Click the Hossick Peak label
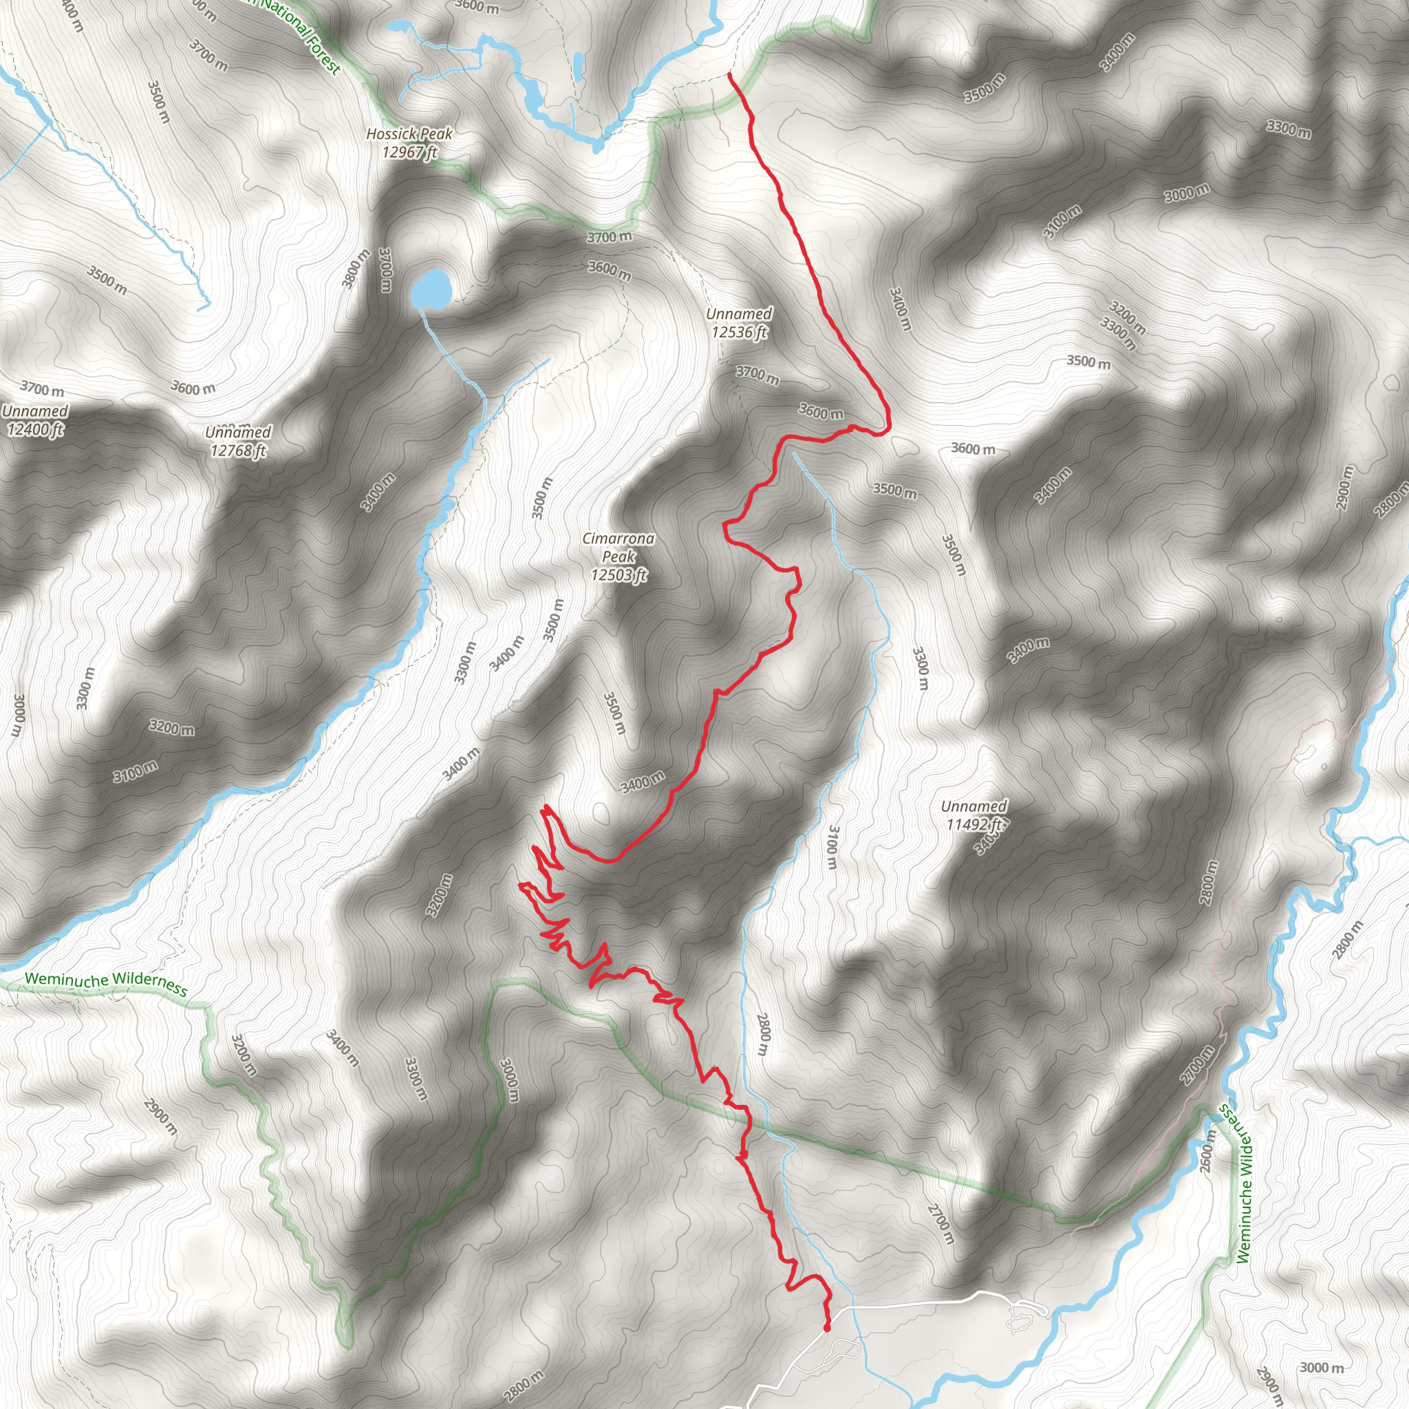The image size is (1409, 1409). (x=409, y=143)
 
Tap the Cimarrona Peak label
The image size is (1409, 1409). (x=619, y=557)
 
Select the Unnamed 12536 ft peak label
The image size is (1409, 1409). (x=739, y=323)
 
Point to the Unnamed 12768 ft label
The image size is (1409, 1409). (x=239, y=441)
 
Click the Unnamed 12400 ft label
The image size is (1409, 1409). (x=34, y=420)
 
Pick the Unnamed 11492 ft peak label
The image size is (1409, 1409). (x=974, y=815)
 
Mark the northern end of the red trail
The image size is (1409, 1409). (x=730, y=74)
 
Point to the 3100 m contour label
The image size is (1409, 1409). (x=831, y=847)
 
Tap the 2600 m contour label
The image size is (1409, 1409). (x=1207, y=1152)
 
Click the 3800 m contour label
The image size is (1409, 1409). (x=356, y=268)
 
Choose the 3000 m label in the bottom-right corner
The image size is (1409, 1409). (x=1321, y=1368)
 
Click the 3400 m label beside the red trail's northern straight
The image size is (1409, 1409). (x=901, y=308)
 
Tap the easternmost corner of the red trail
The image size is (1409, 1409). (x=889, y=425)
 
